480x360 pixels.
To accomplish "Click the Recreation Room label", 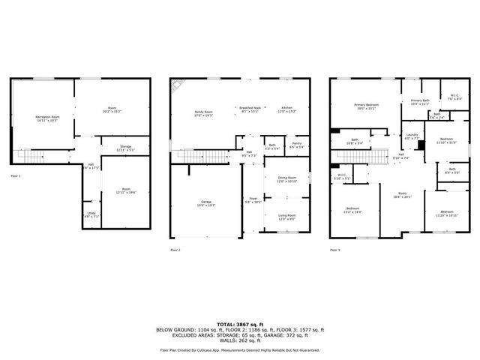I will click(x=47, y=118).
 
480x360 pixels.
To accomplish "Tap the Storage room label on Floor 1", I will click(x=125, y=147).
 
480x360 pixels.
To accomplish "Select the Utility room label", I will click(x=91, y=214).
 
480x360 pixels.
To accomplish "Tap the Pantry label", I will click(x=296, y=145).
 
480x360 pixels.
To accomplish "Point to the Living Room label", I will click(x=287, y=217).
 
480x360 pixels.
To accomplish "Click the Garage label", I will click(x=205, y=202).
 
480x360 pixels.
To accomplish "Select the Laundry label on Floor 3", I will click(x=412, y=136).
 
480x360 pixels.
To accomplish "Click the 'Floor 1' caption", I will click(x=16, y=175).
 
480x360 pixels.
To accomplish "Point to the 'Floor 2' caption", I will click(x=175, y=249).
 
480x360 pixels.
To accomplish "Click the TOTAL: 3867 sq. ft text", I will click(x=239, y=323).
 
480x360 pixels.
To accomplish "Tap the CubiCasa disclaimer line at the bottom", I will click(x=239, y=350).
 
